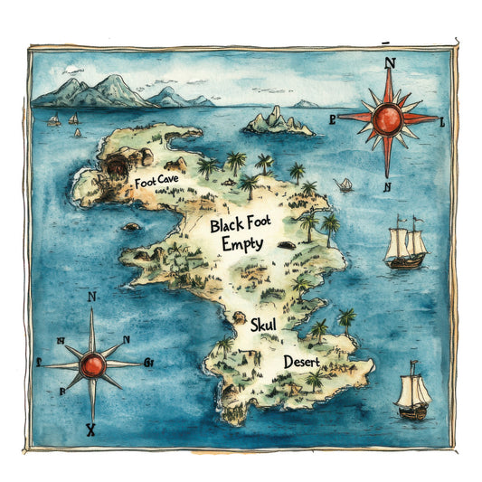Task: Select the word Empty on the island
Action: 242,243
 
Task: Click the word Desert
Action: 301,361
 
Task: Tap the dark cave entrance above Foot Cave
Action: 118,166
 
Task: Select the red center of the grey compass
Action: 92,364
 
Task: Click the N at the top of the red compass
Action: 391,63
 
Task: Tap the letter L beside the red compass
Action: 442,122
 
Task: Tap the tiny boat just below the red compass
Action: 345,184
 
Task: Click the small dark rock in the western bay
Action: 132,226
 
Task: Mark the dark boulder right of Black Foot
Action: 287,245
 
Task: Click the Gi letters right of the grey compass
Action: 148,364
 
